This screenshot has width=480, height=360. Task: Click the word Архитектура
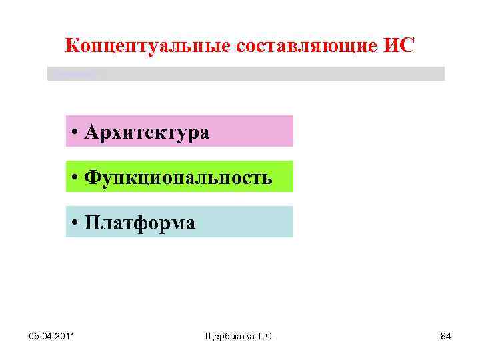147,132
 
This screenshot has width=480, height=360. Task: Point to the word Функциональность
179,178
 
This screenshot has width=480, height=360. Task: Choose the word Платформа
140,223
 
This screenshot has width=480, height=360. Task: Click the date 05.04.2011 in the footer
53,335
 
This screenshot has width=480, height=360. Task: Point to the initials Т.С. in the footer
264,336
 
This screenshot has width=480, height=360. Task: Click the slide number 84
445,335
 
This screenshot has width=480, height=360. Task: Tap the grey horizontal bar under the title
267,73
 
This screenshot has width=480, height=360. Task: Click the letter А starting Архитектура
92,132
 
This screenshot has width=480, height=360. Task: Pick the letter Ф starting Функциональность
93,178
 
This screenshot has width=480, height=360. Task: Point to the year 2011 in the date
63,335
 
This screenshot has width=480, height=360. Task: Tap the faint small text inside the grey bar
73,73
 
